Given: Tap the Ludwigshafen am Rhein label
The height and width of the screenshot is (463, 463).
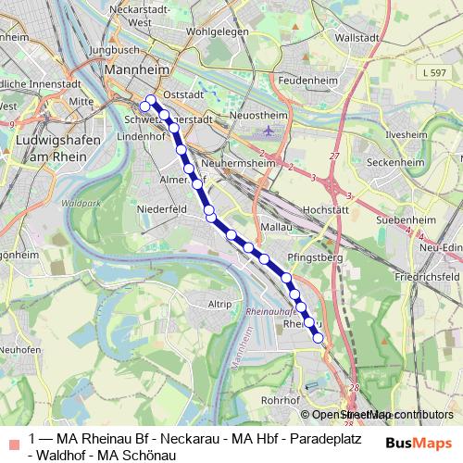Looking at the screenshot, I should point(51,149).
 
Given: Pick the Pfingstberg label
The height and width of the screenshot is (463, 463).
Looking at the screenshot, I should point(314,255).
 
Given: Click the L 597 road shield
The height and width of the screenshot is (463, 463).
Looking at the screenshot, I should point(430,71).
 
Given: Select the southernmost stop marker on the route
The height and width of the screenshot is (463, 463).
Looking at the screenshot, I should point(319,339).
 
